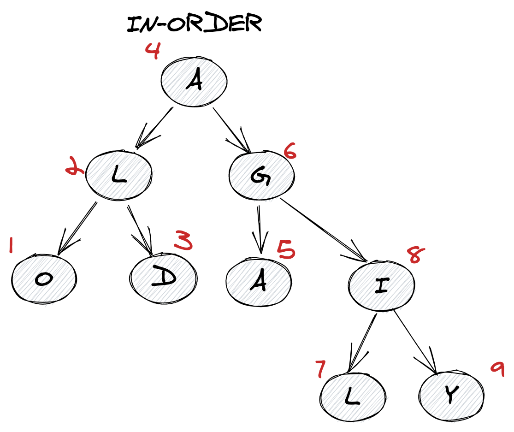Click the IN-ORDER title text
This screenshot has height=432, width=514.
point(194,24)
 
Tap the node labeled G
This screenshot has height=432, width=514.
point(262,176)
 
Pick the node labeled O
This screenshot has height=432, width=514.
point(44,279)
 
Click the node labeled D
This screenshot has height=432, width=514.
point(164,277)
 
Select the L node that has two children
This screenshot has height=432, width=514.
point(119,176)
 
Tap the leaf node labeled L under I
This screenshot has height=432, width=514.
point(352,397)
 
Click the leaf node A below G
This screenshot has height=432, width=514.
point(259,281)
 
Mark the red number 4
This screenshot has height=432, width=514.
point(153,51)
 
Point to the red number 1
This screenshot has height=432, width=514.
point(12,245)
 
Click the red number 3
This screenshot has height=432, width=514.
point(183,241)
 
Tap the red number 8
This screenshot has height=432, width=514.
point(414,255)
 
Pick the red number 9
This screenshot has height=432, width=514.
point(497,369)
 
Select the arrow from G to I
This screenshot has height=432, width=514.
point(323,228)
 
